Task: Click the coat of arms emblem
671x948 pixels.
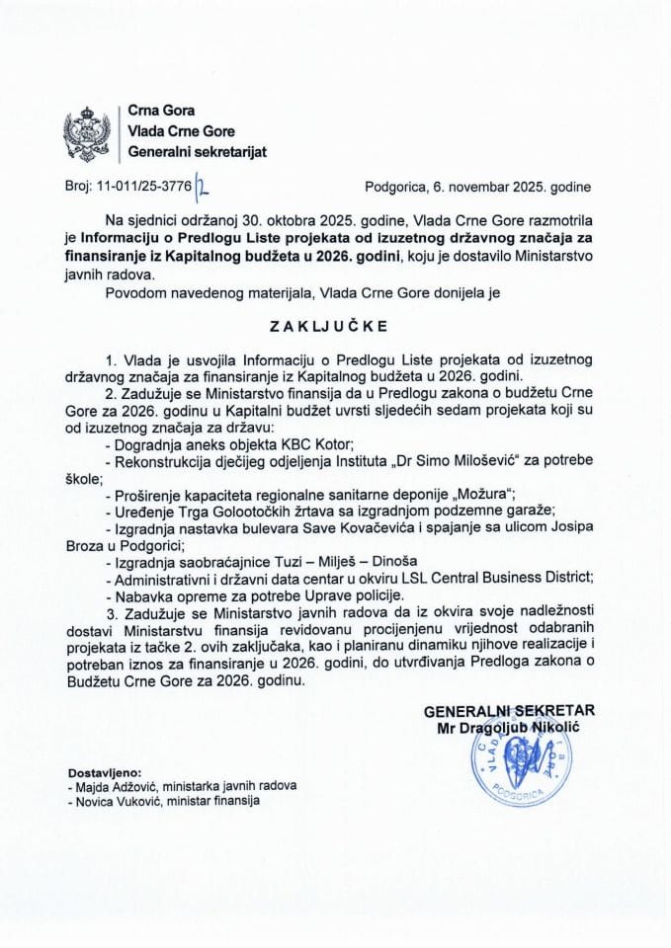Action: [87, 132]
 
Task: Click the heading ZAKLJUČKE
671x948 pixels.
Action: [334, 322]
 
